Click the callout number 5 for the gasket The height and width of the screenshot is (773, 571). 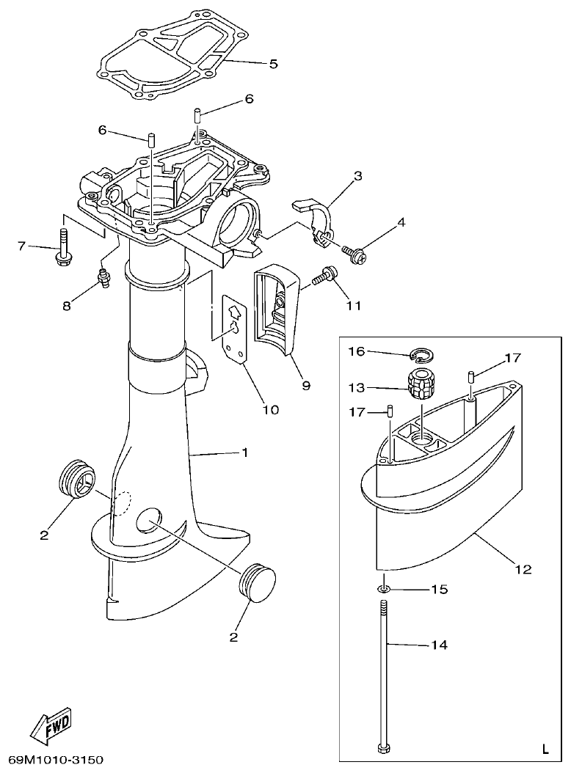273,64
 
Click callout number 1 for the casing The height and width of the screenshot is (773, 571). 244,453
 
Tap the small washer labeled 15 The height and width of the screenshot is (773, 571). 384,589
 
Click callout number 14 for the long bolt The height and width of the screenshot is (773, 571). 439,645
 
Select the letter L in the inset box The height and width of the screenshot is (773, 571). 544,749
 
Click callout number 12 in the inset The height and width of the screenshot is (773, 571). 523,568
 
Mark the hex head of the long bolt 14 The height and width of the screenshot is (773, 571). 383,749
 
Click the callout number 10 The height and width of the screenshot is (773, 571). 270,409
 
